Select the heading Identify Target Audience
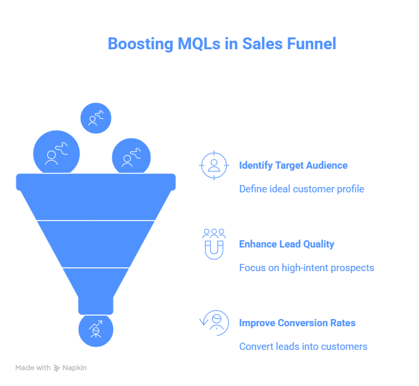(293, 165)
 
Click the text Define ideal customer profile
(301, 189)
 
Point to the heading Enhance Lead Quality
(286, 244)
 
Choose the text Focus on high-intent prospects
(306, 268)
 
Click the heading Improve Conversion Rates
(297, 323)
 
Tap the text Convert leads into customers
(303, 347)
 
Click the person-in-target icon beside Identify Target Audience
(213, 165)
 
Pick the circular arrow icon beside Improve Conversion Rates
(214, 322)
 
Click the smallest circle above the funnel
(96, 118)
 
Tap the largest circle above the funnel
(56, 154)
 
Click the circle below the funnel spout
(96, 330)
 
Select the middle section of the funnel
(96, 244)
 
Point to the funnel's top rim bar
(96, 181)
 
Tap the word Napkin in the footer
(74, 368)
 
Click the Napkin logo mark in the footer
(57, 368)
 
